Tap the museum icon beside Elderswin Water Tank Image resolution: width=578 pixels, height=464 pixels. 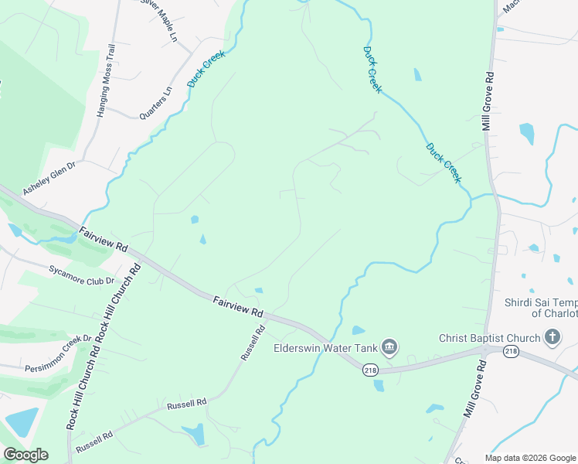[x=389, y=346]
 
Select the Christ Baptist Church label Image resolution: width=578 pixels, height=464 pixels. [x=487, y=337]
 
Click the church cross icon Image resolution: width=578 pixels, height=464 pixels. [x=552, y=336]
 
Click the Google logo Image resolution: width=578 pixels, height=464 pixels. [x=25, y=455]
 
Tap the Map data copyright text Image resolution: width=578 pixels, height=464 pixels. [x=530, y=458]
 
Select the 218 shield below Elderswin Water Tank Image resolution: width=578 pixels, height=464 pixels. [x=371, y=370]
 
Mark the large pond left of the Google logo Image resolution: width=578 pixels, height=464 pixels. [x=22, y=421]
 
